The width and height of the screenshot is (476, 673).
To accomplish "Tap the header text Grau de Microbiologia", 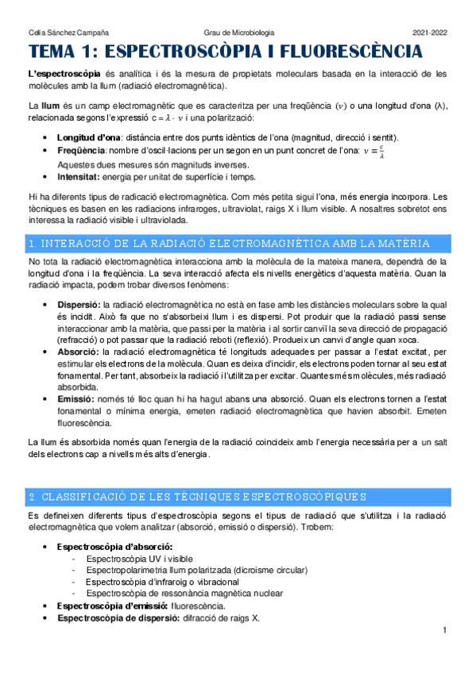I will (239, 32).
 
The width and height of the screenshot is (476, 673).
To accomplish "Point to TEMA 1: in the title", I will (63, 54).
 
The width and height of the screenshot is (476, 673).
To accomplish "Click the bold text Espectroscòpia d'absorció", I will (114, 547).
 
